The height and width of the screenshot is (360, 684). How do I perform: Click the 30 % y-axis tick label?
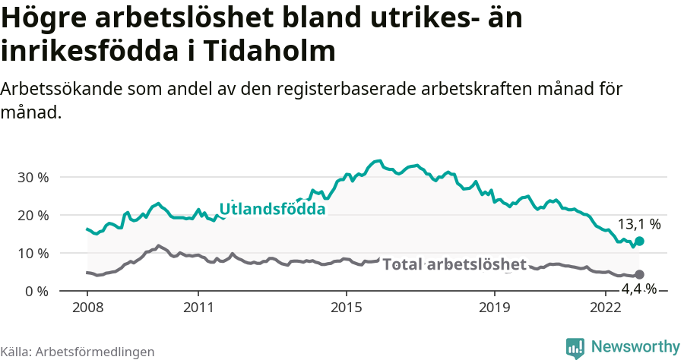[x=33, y=177]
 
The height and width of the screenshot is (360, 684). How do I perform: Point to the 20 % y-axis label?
[x=33, y=215]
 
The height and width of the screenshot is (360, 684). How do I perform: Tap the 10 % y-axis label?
[x=33, y=253]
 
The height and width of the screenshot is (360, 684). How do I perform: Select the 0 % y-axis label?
[x=36, y=291]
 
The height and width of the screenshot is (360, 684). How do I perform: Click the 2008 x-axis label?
[x=87, y=308]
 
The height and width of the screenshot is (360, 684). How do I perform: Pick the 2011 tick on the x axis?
[x=198, y=308]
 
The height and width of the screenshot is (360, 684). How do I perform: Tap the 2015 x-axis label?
[x=347, y=308]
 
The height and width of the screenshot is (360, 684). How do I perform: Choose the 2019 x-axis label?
[x=495, y=308]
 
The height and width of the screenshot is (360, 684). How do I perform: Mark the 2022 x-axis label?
[x=606, y=308]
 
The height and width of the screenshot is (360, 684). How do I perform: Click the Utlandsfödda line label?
[x=272, y=209]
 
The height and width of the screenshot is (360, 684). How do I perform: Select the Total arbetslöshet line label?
[x=454, y=264]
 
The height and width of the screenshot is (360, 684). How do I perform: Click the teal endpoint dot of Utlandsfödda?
[x=639, y=241]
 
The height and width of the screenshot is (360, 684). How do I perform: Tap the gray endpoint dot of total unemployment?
[x=639, y=274]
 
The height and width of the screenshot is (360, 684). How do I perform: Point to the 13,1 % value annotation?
[x=638, y=224]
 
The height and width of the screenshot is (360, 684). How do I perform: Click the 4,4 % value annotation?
[x=638, y=289]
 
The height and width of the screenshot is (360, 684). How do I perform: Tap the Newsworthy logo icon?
[x=575, y=347]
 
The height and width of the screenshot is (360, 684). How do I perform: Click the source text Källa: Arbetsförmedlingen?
[x=78, y=352]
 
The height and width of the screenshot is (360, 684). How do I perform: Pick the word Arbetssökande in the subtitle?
[x=58, y=89]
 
